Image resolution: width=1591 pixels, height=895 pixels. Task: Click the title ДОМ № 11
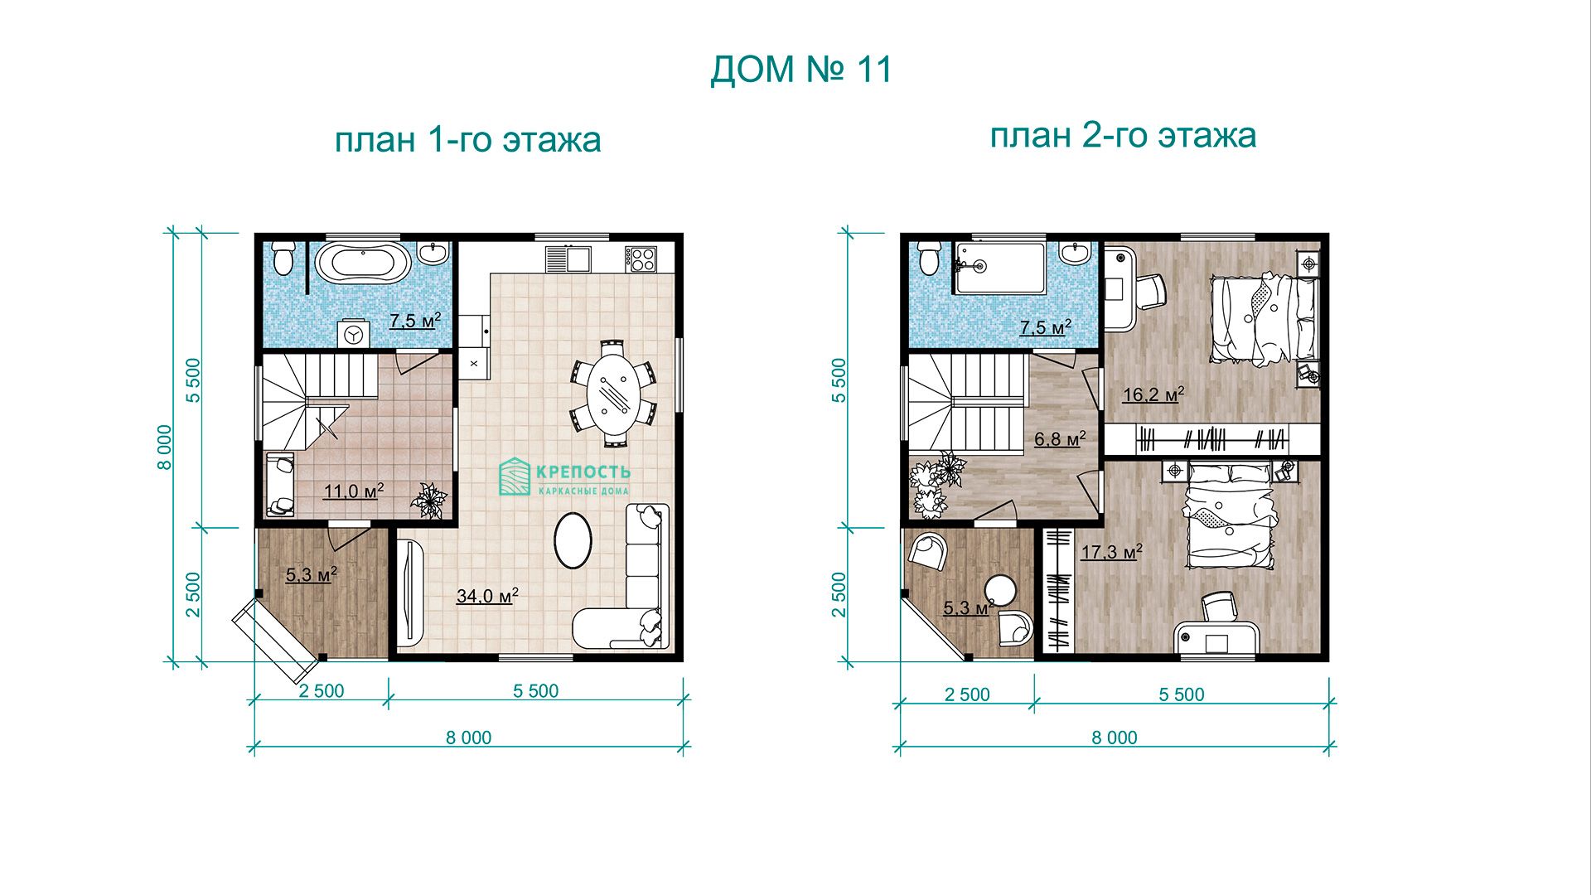[801, 70]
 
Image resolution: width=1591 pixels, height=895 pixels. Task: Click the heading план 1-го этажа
[467, 139]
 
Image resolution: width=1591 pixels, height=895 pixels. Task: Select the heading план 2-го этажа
[1123, 135]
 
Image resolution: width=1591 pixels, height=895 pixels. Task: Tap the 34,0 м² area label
[488, 596]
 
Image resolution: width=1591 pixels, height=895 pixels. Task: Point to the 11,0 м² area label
[354, 491]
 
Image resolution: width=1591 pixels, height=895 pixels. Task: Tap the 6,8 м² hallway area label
[1060, 438]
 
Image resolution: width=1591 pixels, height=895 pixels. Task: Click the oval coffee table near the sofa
[572, 540]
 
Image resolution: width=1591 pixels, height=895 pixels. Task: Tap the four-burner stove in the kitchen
[641, 259]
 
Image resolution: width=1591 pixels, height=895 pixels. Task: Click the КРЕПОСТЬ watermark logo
[564, 478]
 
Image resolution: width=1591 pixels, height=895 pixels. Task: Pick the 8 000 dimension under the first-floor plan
[469, 737]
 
